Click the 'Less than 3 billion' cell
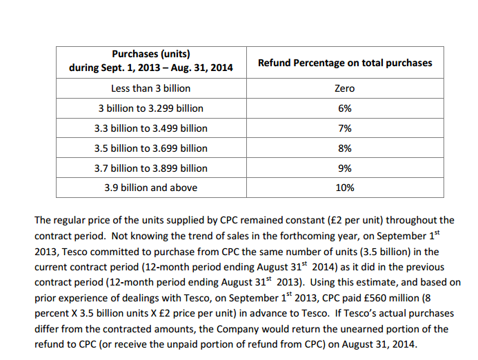(150, 88)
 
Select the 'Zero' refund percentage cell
(345, 88)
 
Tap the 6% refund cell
(345, 108)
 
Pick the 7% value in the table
(345, 128)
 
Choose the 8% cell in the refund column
(345, 148)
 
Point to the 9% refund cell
(345, 168)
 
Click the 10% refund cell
(345, 188)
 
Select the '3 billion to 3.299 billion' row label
(150, 108)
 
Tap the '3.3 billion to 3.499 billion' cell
(150, 128)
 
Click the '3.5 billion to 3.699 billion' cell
(150, 148)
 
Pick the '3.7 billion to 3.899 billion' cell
(150, 168)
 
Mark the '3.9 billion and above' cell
(150, 188)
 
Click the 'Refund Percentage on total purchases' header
(345, 63)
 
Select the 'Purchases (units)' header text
(150, 54)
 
